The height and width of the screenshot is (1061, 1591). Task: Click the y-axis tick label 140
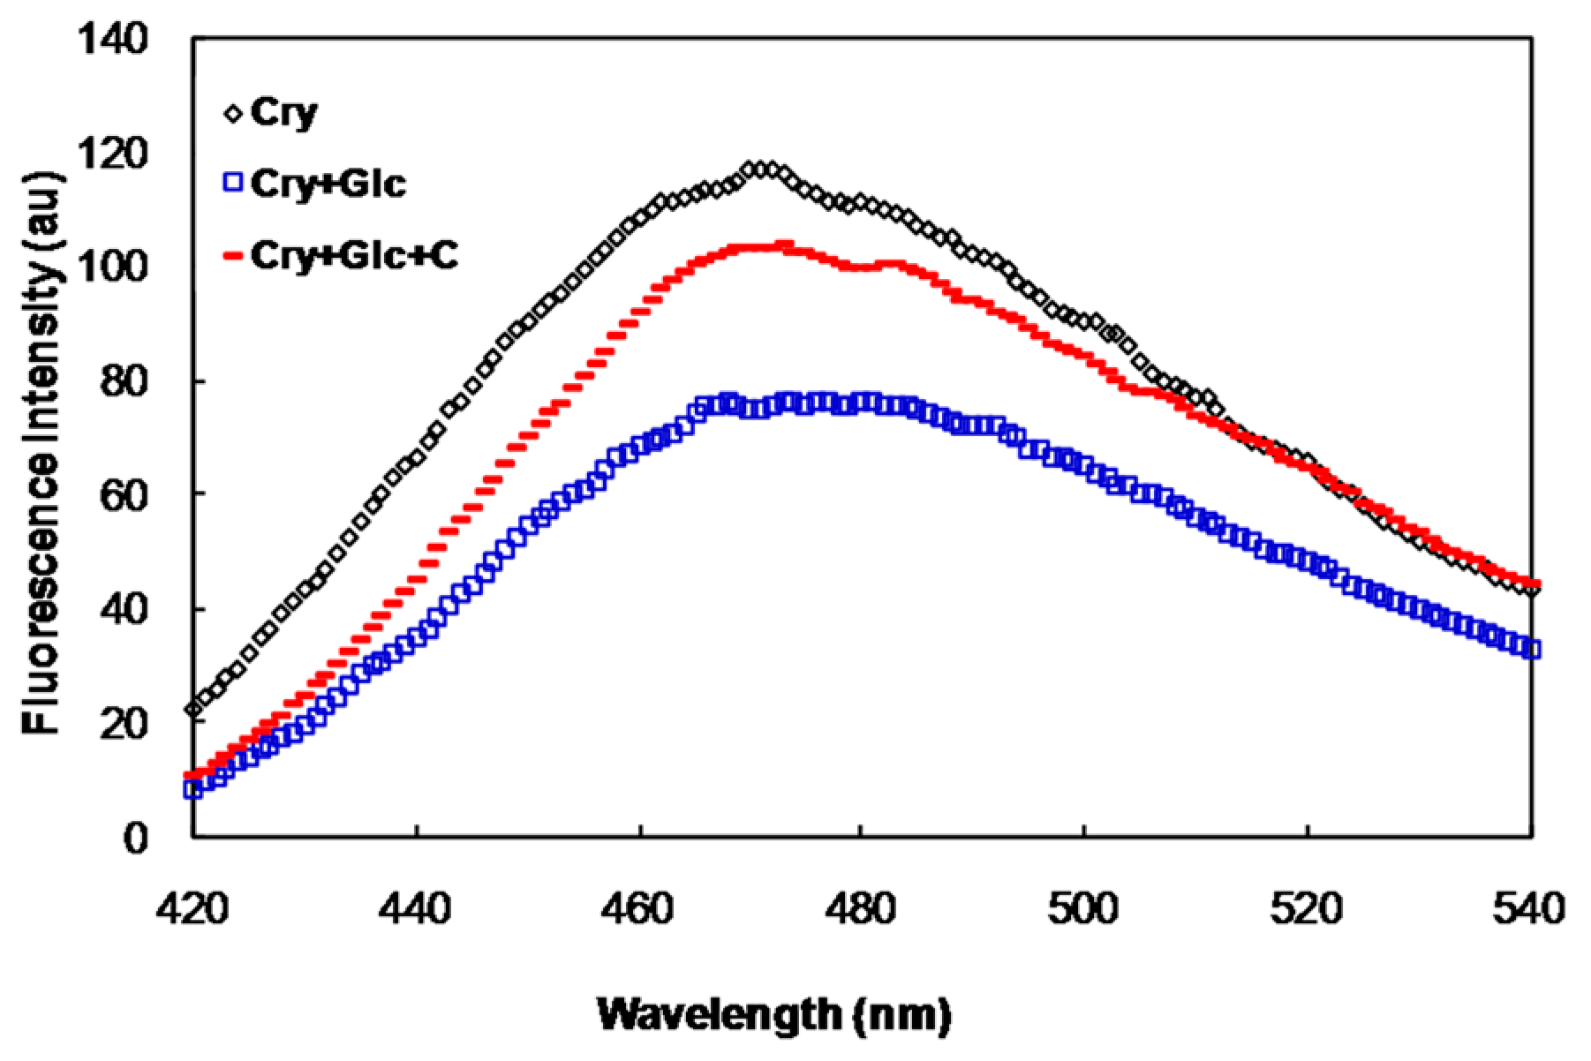pyautogui.click(x=113, y=39)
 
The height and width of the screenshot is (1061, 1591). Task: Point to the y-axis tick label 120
pyautogui.click(x=113, y=154)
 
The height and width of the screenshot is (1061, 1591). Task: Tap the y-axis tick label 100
pyautogui.click(x=113, y=267)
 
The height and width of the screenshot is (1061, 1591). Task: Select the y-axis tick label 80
pyautogui.click(x=124, y=381)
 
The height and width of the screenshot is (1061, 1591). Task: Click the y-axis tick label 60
pyautogui.click(x=124, y=495)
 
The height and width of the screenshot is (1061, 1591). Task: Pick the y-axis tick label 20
pyautogui.click(x=124, y=723)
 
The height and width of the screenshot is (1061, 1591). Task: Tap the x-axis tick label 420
pyautogui.click(x=192, y=907)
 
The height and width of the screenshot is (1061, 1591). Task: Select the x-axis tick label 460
pyautogui.click(x=639, y=907)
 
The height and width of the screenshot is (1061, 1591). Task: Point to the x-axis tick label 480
pyautogui.click(x=862, y=907)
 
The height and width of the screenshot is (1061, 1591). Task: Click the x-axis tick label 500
pyautogui.click(x=1084, y=907)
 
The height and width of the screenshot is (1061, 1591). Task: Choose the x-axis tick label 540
pyautogui.click(x=1529, y=907)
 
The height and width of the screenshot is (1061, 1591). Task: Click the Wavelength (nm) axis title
pyautogui.click(x=774, y=1014)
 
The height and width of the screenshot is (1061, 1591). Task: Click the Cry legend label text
pyautogui.click(x=283, y=113)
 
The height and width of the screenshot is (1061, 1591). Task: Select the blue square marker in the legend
pyautogui.click(x=233, y=183)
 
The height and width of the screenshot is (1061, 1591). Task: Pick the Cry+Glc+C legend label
pyautogui.click(x=354, y=255)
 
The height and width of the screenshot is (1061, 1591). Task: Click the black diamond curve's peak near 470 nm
pyautogui.click(x=761, y=169)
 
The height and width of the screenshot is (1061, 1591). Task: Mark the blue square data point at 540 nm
pyautogui.click(x=1532, y=650)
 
